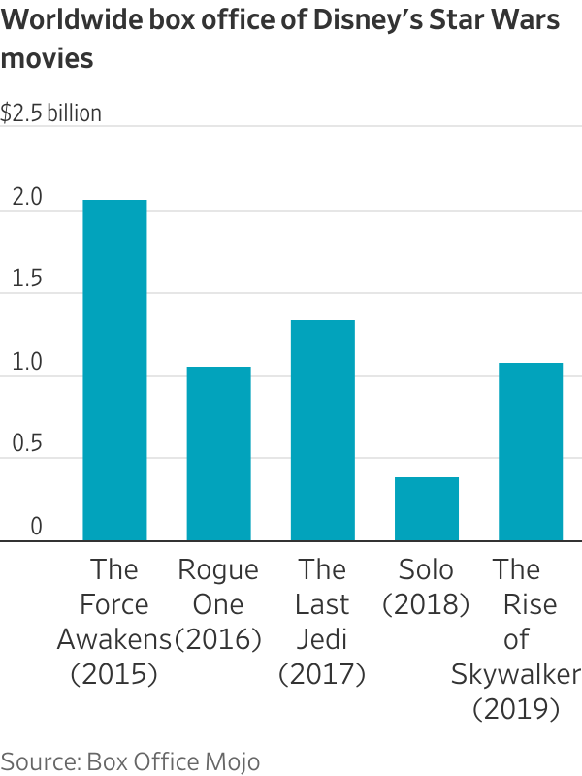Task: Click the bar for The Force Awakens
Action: pos(114,370)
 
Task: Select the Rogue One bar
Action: pos(218,453)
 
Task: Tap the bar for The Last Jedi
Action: pos(322,430)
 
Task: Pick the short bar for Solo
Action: pos(426,508)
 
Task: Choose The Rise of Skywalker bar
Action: pos(530,451)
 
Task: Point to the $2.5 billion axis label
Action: pos(50,113)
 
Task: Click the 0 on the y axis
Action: pos(36,527)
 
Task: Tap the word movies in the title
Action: pos(48,58)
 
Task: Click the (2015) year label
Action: pos(114,675)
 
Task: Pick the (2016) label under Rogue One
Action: pos(218,639)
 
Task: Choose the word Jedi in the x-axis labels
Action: pos(322,639)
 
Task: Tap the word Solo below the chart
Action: pos(426,568)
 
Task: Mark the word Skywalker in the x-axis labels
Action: pos(516,675)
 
